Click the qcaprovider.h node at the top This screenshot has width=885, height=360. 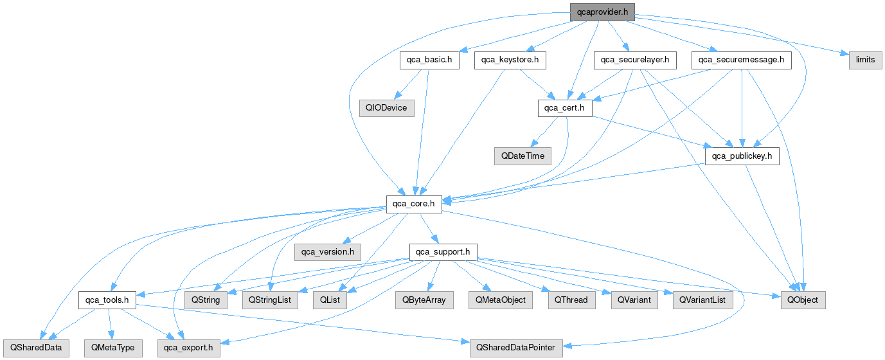coord(602,12)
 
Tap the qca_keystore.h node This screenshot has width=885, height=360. coord(510,60)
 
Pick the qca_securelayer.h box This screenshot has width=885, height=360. coord(635,60)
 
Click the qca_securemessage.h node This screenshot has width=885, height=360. coord(742,60)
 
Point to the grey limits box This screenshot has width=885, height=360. coord(865,60)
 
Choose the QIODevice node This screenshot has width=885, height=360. coord(386,107)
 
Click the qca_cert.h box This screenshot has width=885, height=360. coord(565,107)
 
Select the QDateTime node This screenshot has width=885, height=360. coord(523,156)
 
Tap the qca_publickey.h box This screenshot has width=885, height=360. coord(742,156)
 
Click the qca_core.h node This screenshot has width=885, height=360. coord(414,204)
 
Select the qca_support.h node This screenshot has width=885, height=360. coord(443,251)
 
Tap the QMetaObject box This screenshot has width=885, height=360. coord(501,300)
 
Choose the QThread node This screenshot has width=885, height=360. coord(571,300)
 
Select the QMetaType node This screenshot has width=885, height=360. coord(112,348)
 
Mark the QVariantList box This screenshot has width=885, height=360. coord(702,300)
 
